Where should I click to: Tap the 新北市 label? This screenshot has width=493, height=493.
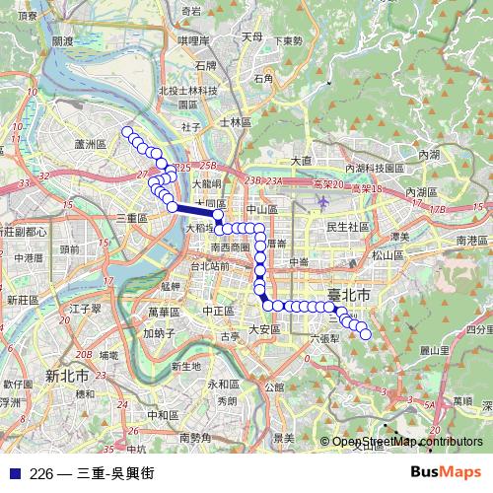point(67,376)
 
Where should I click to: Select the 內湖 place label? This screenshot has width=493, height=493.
point(430,155)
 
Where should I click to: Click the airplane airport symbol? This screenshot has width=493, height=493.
point(323,201)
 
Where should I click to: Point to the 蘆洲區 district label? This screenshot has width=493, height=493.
point(90,144)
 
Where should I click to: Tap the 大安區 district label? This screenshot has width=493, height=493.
point(265,329)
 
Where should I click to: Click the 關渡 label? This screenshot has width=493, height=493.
point(61,41)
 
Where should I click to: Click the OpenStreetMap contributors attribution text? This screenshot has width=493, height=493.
point(407,442)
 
